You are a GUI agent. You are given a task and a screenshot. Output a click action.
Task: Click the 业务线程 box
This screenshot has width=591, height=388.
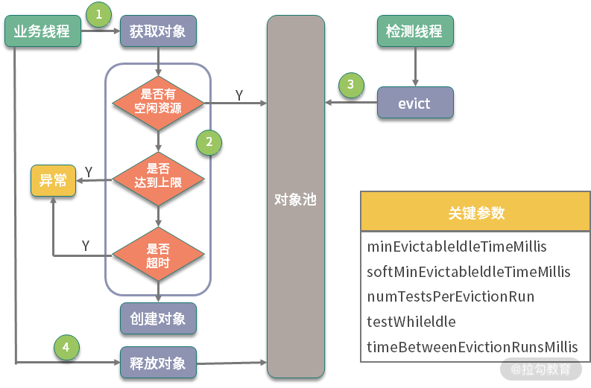42,32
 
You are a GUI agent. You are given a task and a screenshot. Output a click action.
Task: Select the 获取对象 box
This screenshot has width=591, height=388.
158,32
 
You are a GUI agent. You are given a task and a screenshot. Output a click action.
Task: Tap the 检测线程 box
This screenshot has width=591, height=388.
414,32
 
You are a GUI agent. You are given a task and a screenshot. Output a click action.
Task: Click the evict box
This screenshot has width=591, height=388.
414,104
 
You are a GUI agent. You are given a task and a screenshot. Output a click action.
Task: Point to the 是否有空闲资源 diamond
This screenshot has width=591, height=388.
158,101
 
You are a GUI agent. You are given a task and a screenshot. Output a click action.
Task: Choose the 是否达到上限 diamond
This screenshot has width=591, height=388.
158,176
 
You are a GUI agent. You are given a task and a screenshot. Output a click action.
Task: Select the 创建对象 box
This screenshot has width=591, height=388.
158,319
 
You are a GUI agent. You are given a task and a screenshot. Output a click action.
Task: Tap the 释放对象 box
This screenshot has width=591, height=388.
158,363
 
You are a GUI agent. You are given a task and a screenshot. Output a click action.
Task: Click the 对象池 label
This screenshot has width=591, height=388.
296,200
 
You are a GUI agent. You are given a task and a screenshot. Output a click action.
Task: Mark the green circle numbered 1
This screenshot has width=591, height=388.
98,13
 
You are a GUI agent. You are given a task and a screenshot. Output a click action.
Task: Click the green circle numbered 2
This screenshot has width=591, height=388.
209,141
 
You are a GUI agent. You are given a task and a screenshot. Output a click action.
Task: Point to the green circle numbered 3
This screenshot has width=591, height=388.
351,85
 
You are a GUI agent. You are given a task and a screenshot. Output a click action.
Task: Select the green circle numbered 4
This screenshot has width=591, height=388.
66,347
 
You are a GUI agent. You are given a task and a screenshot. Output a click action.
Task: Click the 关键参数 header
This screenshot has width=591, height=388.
475,213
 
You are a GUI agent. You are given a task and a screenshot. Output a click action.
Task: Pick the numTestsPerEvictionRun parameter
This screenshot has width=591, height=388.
451,296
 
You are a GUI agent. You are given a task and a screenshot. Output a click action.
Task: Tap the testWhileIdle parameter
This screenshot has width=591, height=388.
411,322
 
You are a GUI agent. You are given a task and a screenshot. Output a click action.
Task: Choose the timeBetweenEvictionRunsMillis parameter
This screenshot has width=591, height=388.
473,347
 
